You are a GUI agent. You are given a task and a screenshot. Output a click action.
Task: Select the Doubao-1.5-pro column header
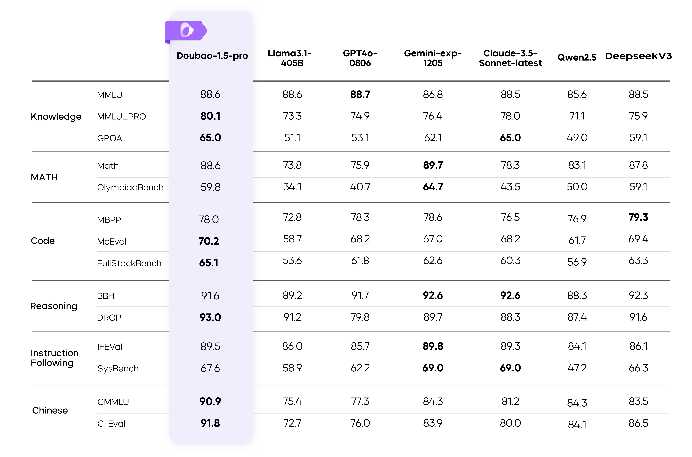tap(212, 56)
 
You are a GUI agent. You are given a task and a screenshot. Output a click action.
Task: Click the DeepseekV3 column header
tap(638, 56)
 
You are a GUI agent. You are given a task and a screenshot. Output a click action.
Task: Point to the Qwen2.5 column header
tap(577, 57)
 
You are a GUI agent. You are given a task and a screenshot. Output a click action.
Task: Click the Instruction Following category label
tap(55, 358)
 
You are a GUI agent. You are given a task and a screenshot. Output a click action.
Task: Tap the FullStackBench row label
tap(129, 263)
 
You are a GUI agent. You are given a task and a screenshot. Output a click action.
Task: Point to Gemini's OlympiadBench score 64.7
tap(433, 187)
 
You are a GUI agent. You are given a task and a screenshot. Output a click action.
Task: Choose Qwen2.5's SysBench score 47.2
tap(577, 368)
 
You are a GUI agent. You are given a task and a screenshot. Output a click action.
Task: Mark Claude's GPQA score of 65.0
tap(510, 138)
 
